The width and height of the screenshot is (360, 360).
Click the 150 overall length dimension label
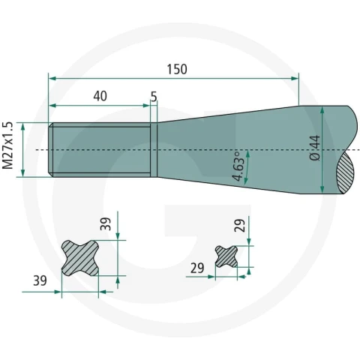point(177,70)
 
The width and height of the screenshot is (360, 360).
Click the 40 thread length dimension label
point(100,96)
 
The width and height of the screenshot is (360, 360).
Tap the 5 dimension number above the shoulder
point(154,97)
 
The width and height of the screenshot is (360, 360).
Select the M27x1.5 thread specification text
point(7,145)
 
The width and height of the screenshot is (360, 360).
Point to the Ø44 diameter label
point(315,148)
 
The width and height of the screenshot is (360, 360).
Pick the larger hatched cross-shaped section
point(80,258)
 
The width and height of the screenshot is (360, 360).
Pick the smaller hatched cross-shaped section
point(226,256)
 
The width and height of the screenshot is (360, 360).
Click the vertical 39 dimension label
point(106,224)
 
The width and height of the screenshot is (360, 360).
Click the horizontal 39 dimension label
point(40,280)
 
